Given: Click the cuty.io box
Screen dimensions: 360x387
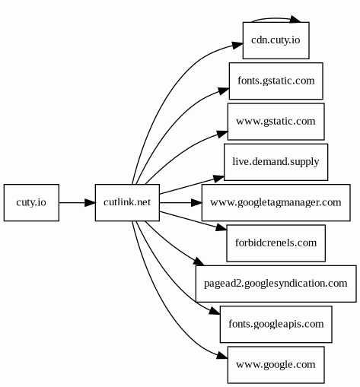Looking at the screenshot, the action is coord(31,203).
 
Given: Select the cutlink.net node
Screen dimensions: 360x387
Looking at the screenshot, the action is coord(127,203).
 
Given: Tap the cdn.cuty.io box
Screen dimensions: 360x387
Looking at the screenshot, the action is coord(276,40).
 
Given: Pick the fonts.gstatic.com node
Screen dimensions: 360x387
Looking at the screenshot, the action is coord(276,81).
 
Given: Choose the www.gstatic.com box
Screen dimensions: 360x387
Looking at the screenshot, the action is coord(276,122).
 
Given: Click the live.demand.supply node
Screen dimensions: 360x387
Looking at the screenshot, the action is coord(276,162).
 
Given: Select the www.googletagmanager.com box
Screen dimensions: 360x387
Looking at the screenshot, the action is coord(276,203).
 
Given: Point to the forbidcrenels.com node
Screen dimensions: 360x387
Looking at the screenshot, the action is coord(276,243).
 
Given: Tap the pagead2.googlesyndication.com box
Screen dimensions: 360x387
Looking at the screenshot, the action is coord(276,284).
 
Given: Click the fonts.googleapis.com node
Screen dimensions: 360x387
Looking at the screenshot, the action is coord(276,325).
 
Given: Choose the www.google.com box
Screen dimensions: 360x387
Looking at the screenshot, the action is coord(276,365).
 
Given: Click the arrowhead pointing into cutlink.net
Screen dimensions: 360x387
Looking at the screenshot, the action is coord(90,203).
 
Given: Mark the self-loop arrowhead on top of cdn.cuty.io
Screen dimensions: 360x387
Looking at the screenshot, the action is coord(295,19).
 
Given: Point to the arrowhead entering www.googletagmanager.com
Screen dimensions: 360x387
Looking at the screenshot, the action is coord(196,203).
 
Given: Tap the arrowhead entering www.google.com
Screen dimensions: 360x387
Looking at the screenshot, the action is coord(222,355).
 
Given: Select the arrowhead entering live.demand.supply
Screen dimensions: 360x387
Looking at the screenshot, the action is coord(219,179).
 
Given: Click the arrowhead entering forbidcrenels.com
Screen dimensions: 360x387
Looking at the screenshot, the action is coord(221,227).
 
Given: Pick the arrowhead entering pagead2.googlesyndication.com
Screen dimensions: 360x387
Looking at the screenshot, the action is coord(199,262).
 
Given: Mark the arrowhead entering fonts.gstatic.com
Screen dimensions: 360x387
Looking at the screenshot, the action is coord(224,91).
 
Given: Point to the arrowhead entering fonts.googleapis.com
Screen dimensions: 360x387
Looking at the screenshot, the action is coord(215,311).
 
